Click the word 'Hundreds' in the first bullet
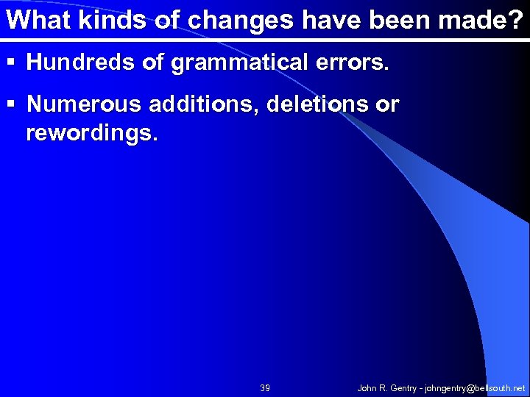[81, 63]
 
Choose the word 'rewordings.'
[91, 134]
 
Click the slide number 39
[265, 387]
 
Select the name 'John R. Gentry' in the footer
[386, 387]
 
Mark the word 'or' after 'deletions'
[387, 105]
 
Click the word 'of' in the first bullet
[152, 63]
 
